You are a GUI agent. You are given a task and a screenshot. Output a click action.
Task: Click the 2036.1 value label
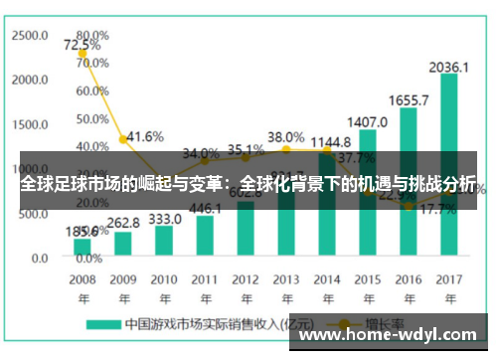tap(449, 67)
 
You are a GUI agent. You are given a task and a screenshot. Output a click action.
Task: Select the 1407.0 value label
tap(368, 122)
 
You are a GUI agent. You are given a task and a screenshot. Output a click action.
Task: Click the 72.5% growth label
tap(82, 45)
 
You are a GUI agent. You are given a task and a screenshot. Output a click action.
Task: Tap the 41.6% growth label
tap(145, 136)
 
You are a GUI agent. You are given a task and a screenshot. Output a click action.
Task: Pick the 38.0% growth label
tap(286, 136)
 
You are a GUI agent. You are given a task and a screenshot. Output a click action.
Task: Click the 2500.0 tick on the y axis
tap(30, 35)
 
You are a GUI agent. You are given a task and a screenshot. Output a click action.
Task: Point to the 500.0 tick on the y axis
tap(32, 213)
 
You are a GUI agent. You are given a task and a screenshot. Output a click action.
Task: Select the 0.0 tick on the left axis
tap(38, 258)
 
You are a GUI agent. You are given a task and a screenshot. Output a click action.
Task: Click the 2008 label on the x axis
tap(82, 279)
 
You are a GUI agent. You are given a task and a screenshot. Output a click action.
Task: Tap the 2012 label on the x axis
tap(245, 279)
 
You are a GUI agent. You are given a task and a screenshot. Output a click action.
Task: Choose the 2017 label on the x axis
tap(449, 279)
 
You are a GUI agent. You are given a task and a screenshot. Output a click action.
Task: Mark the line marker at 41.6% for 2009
tap(123, 139)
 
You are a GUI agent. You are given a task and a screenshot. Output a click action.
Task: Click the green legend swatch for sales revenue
tap(103, 324)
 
